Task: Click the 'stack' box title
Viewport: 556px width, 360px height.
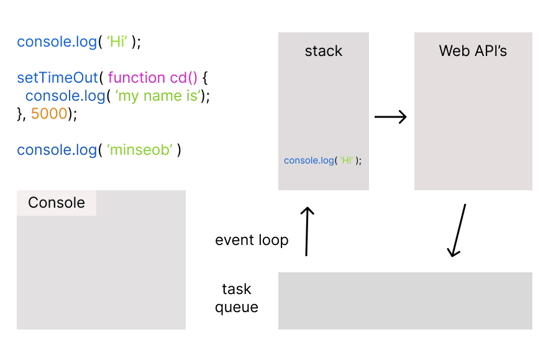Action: (x=324, y=51)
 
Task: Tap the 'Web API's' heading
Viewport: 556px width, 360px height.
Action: (x=473, y=51)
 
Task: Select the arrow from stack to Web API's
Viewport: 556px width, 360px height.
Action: (x=390, y=117)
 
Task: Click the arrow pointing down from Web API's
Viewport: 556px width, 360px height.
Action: (x=457, y=230)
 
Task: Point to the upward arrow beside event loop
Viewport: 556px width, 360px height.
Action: (x=307, y=231)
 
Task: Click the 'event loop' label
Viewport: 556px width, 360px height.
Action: (x=252, y=240)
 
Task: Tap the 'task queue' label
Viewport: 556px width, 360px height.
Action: (x=237, y=298)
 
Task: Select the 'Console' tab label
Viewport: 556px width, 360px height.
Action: (x=57, y=203)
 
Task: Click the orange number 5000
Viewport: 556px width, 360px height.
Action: (x=49, y=114)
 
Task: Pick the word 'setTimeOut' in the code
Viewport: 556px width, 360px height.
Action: (x=57, y=77)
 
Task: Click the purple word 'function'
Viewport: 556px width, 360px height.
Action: (x=137, y=77)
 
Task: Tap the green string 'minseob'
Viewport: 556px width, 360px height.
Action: (x=140, y=150)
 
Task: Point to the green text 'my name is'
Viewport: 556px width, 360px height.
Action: (x=158, y=96)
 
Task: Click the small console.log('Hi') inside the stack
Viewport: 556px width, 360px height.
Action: (x=322, y=160)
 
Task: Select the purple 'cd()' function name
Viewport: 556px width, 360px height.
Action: (x=183, y=77)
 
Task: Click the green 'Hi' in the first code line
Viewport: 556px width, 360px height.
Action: (x=117, y=42)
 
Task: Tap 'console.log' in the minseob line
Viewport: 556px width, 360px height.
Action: (x=57, y=150)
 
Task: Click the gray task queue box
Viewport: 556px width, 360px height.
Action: (x=405, y=301)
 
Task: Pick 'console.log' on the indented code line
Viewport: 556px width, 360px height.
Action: (x=65, y=96)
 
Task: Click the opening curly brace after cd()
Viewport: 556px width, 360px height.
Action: (x=205, y=78)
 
